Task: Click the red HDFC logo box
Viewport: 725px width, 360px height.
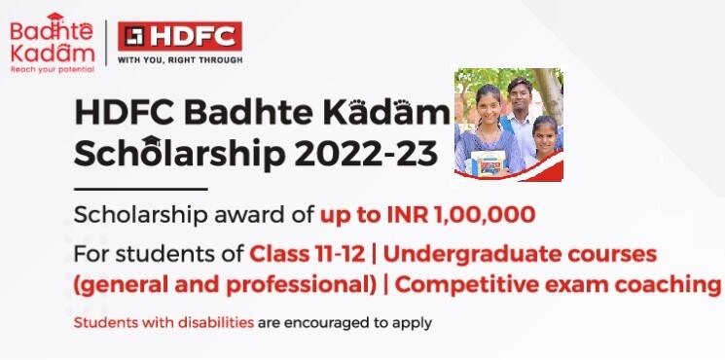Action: coord(179,36)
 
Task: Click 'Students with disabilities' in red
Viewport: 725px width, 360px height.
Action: coord(151,320)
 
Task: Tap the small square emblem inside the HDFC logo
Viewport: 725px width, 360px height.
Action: coord(133,36)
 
